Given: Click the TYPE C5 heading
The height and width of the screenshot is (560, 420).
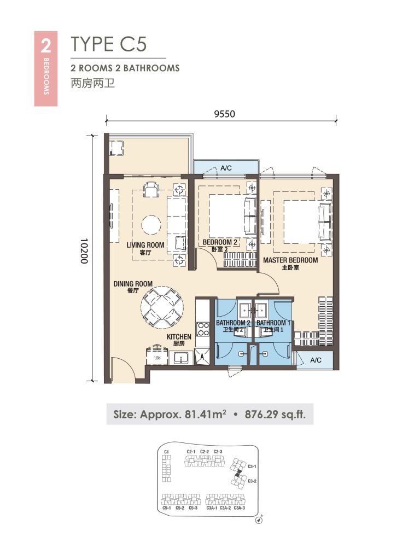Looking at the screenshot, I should tap(109, 44).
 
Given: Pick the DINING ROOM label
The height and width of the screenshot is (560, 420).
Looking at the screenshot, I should tap(133, 284).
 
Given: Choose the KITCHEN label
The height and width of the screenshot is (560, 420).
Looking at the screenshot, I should tap(179, 337).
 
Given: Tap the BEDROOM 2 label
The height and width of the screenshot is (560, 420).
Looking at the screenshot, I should tap(220, 242).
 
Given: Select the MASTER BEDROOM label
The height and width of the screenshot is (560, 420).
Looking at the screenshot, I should tap(290, 260).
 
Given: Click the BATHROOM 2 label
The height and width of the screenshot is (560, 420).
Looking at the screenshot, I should tap(233, 323).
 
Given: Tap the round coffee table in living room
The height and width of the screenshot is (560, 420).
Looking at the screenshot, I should tap(151, 224).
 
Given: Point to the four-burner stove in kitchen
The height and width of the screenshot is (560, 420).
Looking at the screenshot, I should tap(203, 329).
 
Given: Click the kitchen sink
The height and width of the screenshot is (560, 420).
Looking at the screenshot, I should tap(181, 358).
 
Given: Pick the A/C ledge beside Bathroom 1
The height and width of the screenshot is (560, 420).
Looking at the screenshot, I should tap(316, 360).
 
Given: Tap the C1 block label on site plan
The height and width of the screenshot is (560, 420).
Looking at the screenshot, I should tap(166, 451).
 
